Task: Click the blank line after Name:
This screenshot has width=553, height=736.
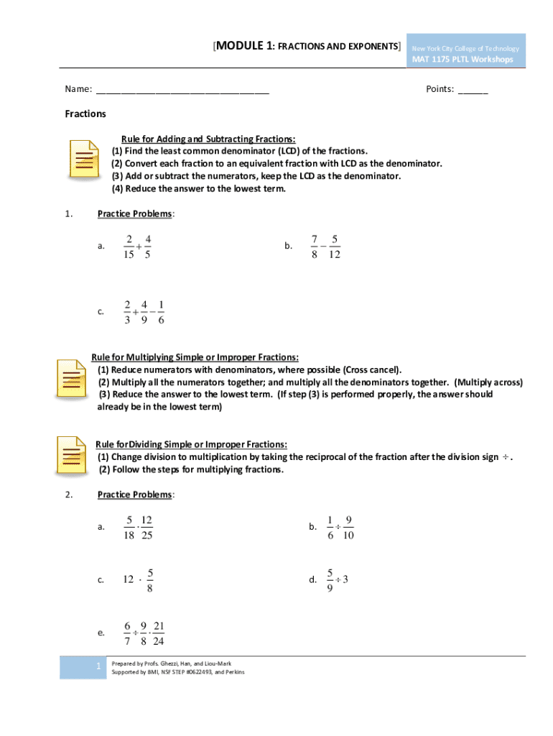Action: pyautogui.click(x=182, y=91)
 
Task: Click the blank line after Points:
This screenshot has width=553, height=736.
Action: pyautogui.click(x=473, y=91)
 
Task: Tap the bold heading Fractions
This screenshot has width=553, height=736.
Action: pyautogui.click(x=85, y=114)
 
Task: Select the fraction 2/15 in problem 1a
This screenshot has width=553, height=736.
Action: pyautogui.click(x=129, y=246)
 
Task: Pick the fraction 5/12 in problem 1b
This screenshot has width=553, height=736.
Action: pyautogui.click(x=335, y=246)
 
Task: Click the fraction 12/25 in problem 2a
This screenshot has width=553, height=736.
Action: pyautogui.click(x=147, y=527)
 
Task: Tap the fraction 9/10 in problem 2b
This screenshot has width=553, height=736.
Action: pyautogui.click(x=348, y=527)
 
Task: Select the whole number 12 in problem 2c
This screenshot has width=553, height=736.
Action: pyautogui.click(x=128, y=580)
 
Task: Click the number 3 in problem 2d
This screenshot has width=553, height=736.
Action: pyautogui.click(x=345, y=580)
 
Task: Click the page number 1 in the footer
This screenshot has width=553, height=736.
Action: pyautogui.click(x=97, y=668)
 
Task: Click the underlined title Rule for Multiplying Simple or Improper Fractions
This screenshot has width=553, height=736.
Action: pyautogui.click(x=195, y=358)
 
